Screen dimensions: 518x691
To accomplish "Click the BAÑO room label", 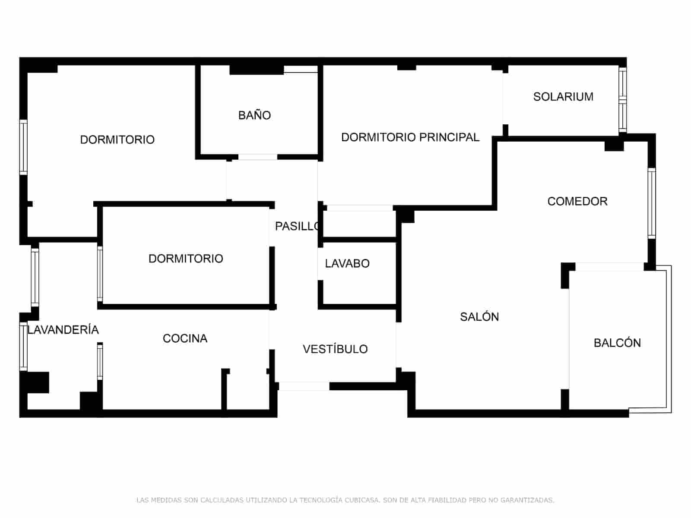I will (254, 115).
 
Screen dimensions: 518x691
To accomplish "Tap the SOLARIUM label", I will (563, 97).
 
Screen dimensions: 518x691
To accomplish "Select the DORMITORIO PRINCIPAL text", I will (410, 137).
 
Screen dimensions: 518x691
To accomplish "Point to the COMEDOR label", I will (577, 201).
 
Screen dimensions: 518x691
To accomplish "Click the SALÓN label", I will (479, 317).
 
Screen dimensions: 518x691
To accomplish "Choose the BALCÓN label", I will (617, 343).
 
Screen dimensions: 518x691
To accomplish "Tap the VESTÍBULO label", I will (335, 349).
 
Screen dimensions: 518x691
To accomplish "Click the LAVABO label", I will (347, 263).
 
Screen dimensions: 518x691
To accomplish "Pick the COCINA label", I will (185, 338).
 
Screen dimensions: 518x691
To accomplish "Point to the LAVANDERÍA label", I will (63, 330).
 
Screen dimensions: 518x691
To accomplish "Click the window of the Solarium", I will (622, 100).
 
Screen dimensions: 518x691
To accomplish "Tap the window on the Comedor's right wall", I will (651, 203).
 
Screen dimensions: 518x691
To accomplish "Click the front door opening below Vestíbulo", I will (304, 386).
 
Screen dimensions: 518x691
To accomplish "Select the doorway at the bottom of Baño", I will (257, 157).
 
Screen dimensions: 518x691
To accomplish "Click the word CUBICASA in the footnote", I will (362, 500).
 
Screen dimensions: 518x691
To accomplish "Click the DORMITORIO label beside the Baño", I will (117, 140).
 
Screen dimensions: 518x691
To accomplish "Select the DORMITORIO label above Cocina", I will (186, 259).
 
